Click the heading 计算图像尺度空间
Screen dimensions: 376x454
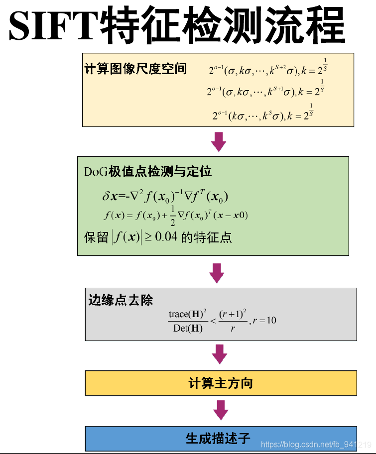tap(135, 69)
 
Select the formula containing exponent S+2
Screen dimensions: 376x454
tap(267, 69)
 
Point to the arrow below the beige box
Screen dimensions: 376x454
tap(218, 141)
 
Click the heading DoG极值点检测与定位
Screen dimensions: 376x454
tap(148, 172)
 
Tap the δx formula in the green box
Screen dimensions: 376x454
tap(165, 196)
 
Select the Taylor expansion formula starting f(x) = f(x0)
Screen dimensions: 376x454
tap(175, 215)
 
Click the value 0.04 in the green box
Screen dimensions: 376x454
tap(166, 237)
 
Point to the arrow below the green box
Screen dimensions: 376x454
tap(217, 273)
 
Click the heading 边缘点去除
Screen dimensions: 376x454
tap(121, 300)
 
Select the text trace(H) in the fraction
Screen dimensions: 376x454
tap(187, 314)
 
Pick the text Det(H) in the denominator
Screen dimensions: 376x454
tap(188, 328)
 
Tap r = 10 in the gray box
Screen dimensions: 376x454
tap(264, 320)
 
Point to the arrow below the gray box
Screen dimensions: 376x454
tap(219, 354)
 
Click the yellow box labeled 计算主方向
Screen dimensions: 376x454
tap(221, 383)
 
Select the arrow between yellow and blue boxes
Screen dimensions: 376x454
tap(220, 410)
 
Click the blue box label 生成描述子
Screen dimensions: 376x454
tap(218, 439)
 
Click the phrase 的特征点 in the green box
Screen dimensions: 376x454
tap(206, 237)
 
